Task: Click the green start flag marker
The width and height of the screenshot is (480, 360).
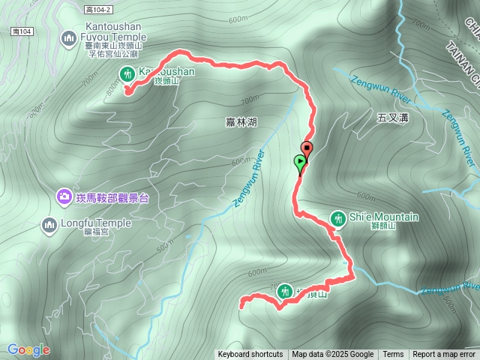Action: (300, 162)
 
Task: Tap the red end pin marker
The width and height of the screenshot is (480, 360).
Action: (306, 148)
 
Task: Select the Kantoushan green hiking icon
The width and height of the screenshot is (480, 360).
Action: (125, 73)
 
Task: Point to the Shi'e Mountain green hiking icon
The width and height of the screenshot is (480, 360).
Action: (337, 217)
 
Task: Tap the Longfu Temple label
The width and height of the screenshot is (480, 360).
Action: (97, 223)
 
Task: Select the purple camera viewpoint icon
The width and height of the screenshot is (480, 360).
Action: (64, 197)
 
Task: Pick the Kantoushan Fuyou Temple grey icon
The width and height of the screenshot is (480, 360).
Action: (69, 36)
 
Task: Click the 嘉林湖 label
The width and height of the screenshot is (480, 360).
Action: (240, 121)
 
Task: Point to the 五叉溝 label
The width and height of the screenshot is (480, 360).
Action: (392, 117)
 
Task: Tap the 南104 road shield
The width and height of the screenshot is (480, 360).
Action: (21, 31)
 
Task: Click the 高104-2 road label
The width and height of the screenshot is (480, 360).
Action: (98, 9)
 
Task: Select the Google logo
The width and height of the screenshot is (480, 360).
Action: (28, 349)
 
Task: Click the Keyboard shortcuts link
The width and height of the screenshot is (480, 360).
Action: (250, 354)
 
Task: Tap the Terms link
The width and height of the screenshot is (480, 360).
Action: (393, 354)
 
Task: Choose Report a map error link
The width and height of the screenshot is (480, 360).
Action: (444, 354)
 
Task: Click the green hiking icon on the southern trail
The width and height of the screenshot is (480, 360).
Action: (284, 291)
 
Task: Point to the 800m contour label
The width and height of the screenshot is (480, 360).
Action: (113, 88)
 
